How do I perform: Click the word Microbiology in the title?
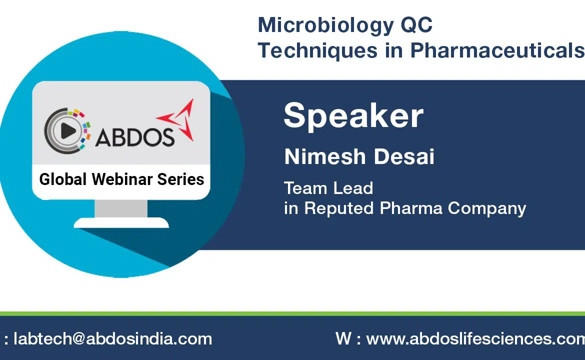coord(325,26)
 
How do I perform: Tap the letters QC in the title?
coord(416,25)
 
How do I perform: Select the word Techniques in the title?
coord(317,50)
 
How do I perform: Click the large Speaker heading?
coord(353,115)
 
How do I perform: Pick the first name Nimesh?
coord(325,156)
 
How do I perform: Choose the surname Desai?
coord(404,156)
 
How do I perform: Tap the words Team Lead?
coord(328,188)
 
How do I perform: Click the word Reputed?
coord(339,208)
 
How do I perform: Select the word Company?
coord(487,208)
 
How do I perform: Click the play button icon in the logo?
coord(68,130)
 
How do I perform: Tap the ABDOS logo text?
coord(134,137)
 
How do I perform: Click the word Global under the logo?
coord(63,179)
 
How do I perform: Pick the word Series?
coord(180,179)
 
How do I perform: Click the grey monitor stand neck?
coord(121,208)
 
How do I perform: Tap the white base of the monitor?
coord(121,222)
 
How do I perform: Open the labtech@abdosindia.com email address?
coord(112,338)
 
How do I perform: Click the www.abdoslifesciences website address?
coord(475,338)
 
